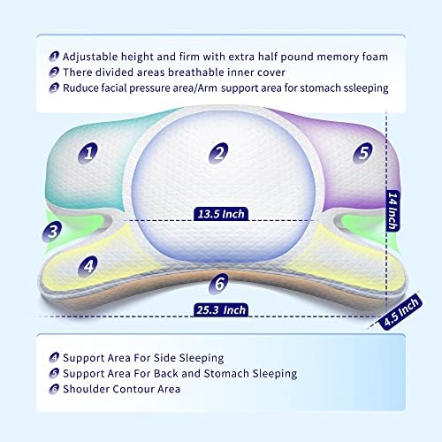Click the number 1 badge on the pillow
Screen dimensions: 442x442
(88, 153)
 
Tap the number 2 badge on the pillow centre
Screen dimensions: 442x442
(218, 153)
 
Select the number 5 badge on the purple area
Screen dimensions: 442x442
(362, 152)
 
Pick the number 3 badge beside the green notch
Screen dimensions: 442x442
(52, 232)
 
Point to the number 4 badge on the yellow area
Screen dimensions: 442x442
(88, 266)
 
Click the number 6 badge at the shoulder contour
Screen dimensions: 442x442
(218, 284)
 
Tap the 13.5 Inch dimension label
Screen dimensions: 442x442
(221, 214)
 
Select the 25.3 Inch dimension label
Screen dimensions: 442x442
(221, 310)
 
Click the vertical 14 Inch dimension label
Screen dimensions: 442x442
(392, 210)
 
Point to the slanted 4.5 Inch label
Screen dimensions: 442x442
(402, 312)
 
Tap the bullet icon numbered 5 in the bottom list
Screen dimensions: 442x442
(54, 373)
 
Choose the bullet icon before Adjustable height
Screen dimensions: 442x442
(54, 57)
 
